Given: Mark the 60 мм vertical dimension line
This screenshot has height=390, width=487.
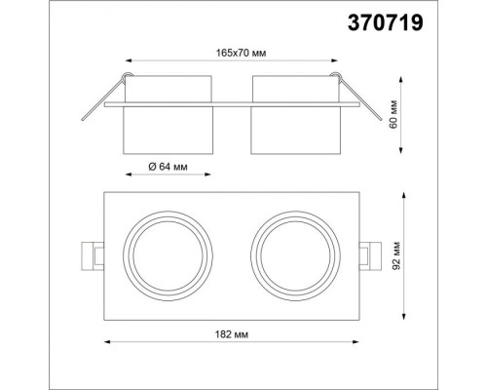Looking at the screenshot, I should point(402,114).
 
